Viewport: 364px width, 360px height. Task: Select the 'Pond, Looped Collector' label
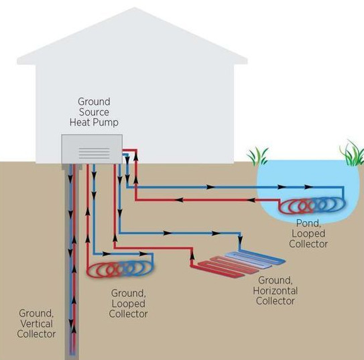[308, 233]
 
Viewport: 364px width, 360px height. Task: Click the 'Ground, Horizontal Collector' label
[275, 290]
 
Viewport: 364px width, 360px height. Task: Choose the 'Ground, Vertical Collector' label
[37, 323]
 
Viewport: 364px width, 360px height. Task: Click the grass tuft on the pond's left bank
[257, 157]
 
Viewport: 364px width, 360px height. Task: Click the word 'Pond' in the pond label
[306, 222]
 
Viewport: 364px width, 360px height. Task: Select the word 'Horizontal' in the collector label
[275, 291]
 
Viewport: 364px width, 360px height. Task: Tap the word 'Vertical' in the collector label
[37, 323]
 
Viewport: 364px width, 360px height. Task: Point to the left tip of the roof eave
[18, 62]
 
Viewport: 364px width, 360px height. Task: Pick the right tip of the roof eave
[246, 62]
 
